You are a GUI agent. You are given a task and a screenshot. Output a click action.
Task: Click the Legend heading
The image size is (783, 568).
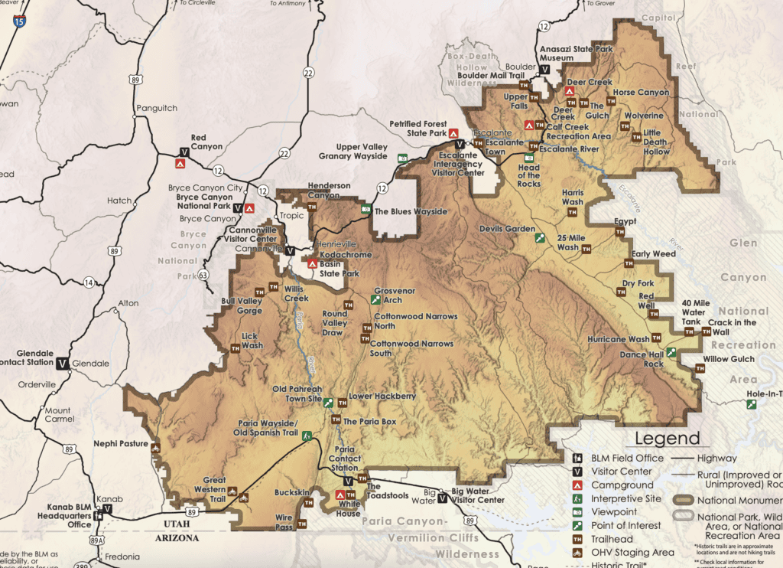663,439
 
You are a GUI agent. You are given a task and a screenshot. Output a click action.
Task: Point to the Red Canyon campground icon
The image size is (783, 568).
182,163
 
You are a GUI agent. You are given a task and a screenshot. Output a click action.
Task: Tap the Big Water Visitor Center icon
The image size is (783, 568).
443,500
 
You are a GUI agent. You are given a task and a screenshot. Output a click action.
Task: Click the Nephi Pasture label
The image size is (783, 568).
120,443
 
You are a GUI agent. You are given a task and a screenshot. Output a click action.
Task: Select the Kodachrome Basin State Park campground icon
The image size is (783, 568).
312,263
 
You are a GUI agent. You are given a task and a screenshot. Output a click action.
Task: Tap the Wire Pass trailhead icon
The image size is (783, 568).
302,524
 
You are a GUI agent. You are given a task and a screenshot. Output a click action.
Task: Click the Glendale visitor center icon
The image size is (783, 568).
62,362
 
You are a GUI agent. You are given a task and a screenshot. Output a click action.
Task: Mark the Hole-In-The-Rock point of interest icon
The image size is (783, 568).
752,404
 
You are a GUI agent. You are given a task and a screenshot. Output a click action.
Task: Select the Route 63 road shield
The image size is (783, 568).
203,274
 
